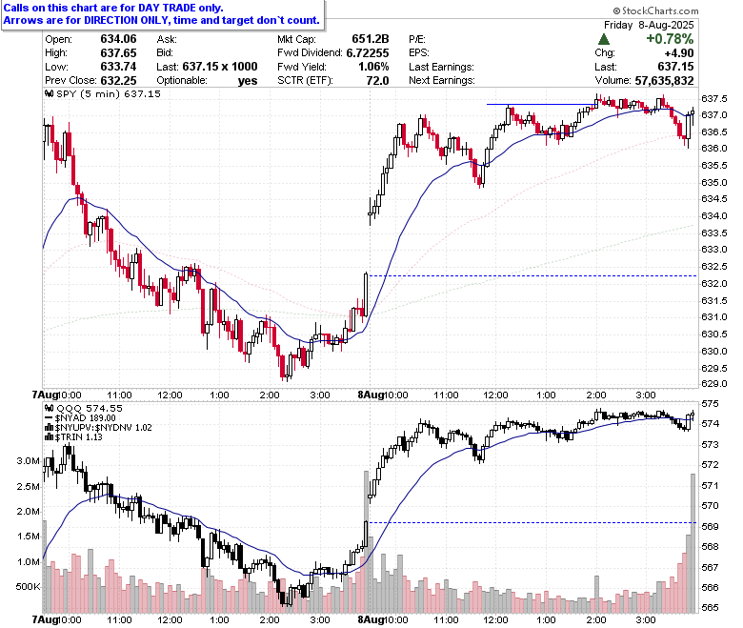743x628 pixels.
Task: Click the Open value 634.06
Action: [118, 39]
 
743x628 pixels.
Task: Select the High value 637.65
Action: [118, 52]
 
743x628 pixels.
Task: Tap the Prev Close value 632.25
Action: [118, 80]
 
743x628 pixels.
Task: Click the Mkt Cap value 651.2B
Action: [371, 39]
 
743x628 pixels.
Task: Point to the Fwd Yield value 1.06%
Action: [373, 67]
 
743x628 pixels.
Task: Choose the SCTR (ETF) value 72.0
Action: [377, 80]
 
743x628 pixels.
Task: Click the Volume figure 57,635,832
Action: [664, 80]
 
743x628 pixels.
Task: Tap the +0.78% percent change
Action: [670, 39]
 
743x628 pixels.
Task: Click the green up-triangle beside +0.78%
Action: [604, 39]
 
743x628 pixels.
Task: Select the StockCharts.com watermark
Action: [655, 10]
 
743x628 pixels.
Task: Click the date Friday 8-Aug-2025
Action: [649, 25]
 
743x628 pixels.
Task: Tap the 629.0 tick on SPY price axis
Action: [713, 383]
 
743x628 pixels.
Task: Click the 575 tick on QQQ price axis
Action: [710, 404]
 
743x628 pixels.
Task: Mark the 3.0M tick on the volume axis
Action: [28, 460]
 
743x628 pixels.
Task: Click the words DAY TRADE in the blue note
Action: [167, 8]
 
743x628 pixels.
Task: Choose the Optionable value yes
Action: [248, 81]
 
